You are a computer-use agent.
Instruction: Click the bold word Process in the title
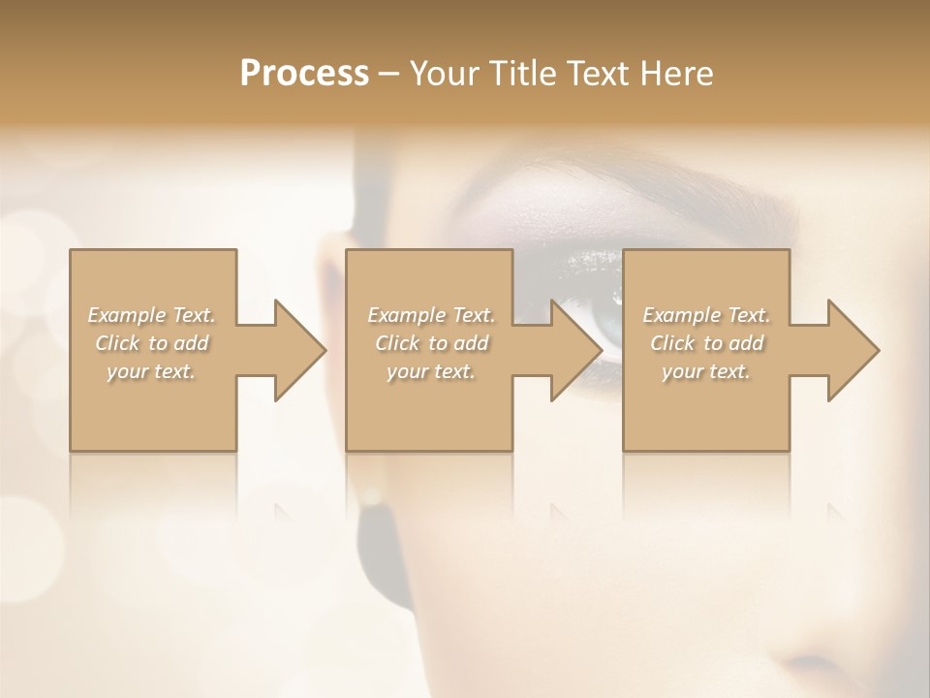pyautogui.click(x=304, y=74)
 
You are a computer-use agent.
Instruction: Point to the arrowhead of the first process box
pyautogui.click(x=300, y=350)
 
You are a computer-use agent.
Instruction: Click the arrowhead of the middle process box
pyautogui.click(x=576, y=350)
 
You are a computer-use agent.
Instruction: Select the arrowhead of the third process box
pyautogui.click(x=853, y=350)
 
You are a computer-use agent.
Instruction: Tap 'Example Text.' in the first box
pyautogui.click(x=151, y=315)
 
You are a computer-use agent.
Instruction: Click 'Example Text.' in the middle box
pyautogui.click(x=430, y=315)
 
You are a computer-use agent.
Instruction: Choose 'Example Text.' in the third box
pyautogui.click(x=705, y=315)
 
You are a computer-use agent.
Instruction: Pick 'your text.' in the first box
pyautogui.click(x=151, y=371)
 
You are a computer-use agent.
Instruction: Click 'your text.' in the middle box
pyautogui.click(x=430, y=371)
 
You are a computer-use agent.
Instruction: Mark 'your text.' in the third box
pyautogui.click(x=705, y=371)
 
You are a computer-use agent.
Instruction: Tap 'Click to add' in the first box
pyautogui.click(x=151, y=343)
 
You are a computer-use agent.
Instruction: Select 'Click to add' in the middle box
pyautogui.click(x=430, y=343)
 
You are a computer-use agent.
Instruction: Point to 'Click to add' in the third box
pyautogui.click(x=705, y=343)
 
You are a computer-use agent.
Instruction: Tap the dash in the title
pyautogui.click(x=389, y=74)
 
